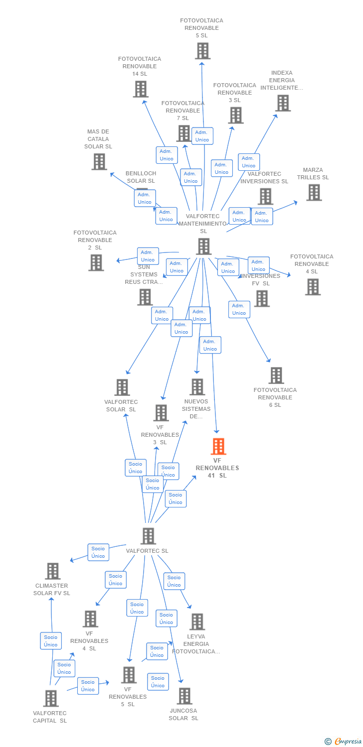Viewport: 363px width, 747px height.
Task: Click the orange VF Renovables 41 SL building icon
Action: [x=218, y=446]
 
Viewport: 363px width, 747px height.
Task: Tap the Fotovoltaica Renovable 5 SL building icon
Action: [x=202, y=51]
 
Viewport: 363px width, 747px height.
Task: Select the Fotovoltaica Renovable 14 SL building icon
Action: [x=141, y=89]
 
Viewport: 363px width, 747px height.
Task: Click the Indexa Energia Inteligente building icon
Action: [x=283, y=103]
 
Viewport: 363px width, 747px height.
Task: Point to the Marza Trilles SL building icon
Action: [x=314, y=192]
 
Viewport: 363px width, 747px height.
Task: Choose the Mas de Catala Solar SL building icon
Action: [x=99, y=161]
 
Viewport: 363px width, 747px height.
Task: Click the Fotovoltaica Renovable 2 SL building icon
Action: [x=96, y=262]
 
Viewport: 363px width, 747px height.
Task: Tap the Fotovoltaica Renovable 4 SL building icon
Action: [x=313, y=287]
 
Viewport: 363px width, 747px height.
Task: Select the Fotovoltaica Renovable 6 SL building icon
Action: [x=276, y=375]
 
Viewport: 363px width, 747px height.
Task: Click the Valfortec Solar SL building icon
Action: [x=122, y=387]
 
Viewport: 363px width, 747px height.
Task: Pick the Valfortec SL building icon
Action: [x=148, y=536]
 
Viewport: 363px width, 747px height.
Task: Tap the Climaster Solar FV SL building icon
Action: [x=53, y=571]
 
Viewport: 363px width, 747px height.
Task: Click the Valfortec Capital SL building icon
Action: [x=50, y=698]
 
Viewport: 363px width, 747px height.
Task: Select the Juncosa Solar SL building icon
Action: [x=184, y=696]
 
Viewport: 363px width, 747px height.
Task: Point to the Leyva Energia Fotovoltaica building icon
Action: [x=197, y=622]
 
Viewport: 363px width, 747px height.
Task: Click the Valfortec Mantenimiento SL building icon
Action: [x=203, y=246]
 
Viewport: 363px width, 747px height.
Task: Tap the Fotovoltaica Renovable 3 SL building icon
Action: [x=235, y=115]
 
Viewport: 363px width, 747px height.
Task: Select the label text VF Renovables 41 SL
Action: [x=217, y=468]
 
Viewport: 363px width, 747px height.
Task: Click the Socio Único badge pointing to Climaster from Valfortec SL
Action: [x=98, y=552]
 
